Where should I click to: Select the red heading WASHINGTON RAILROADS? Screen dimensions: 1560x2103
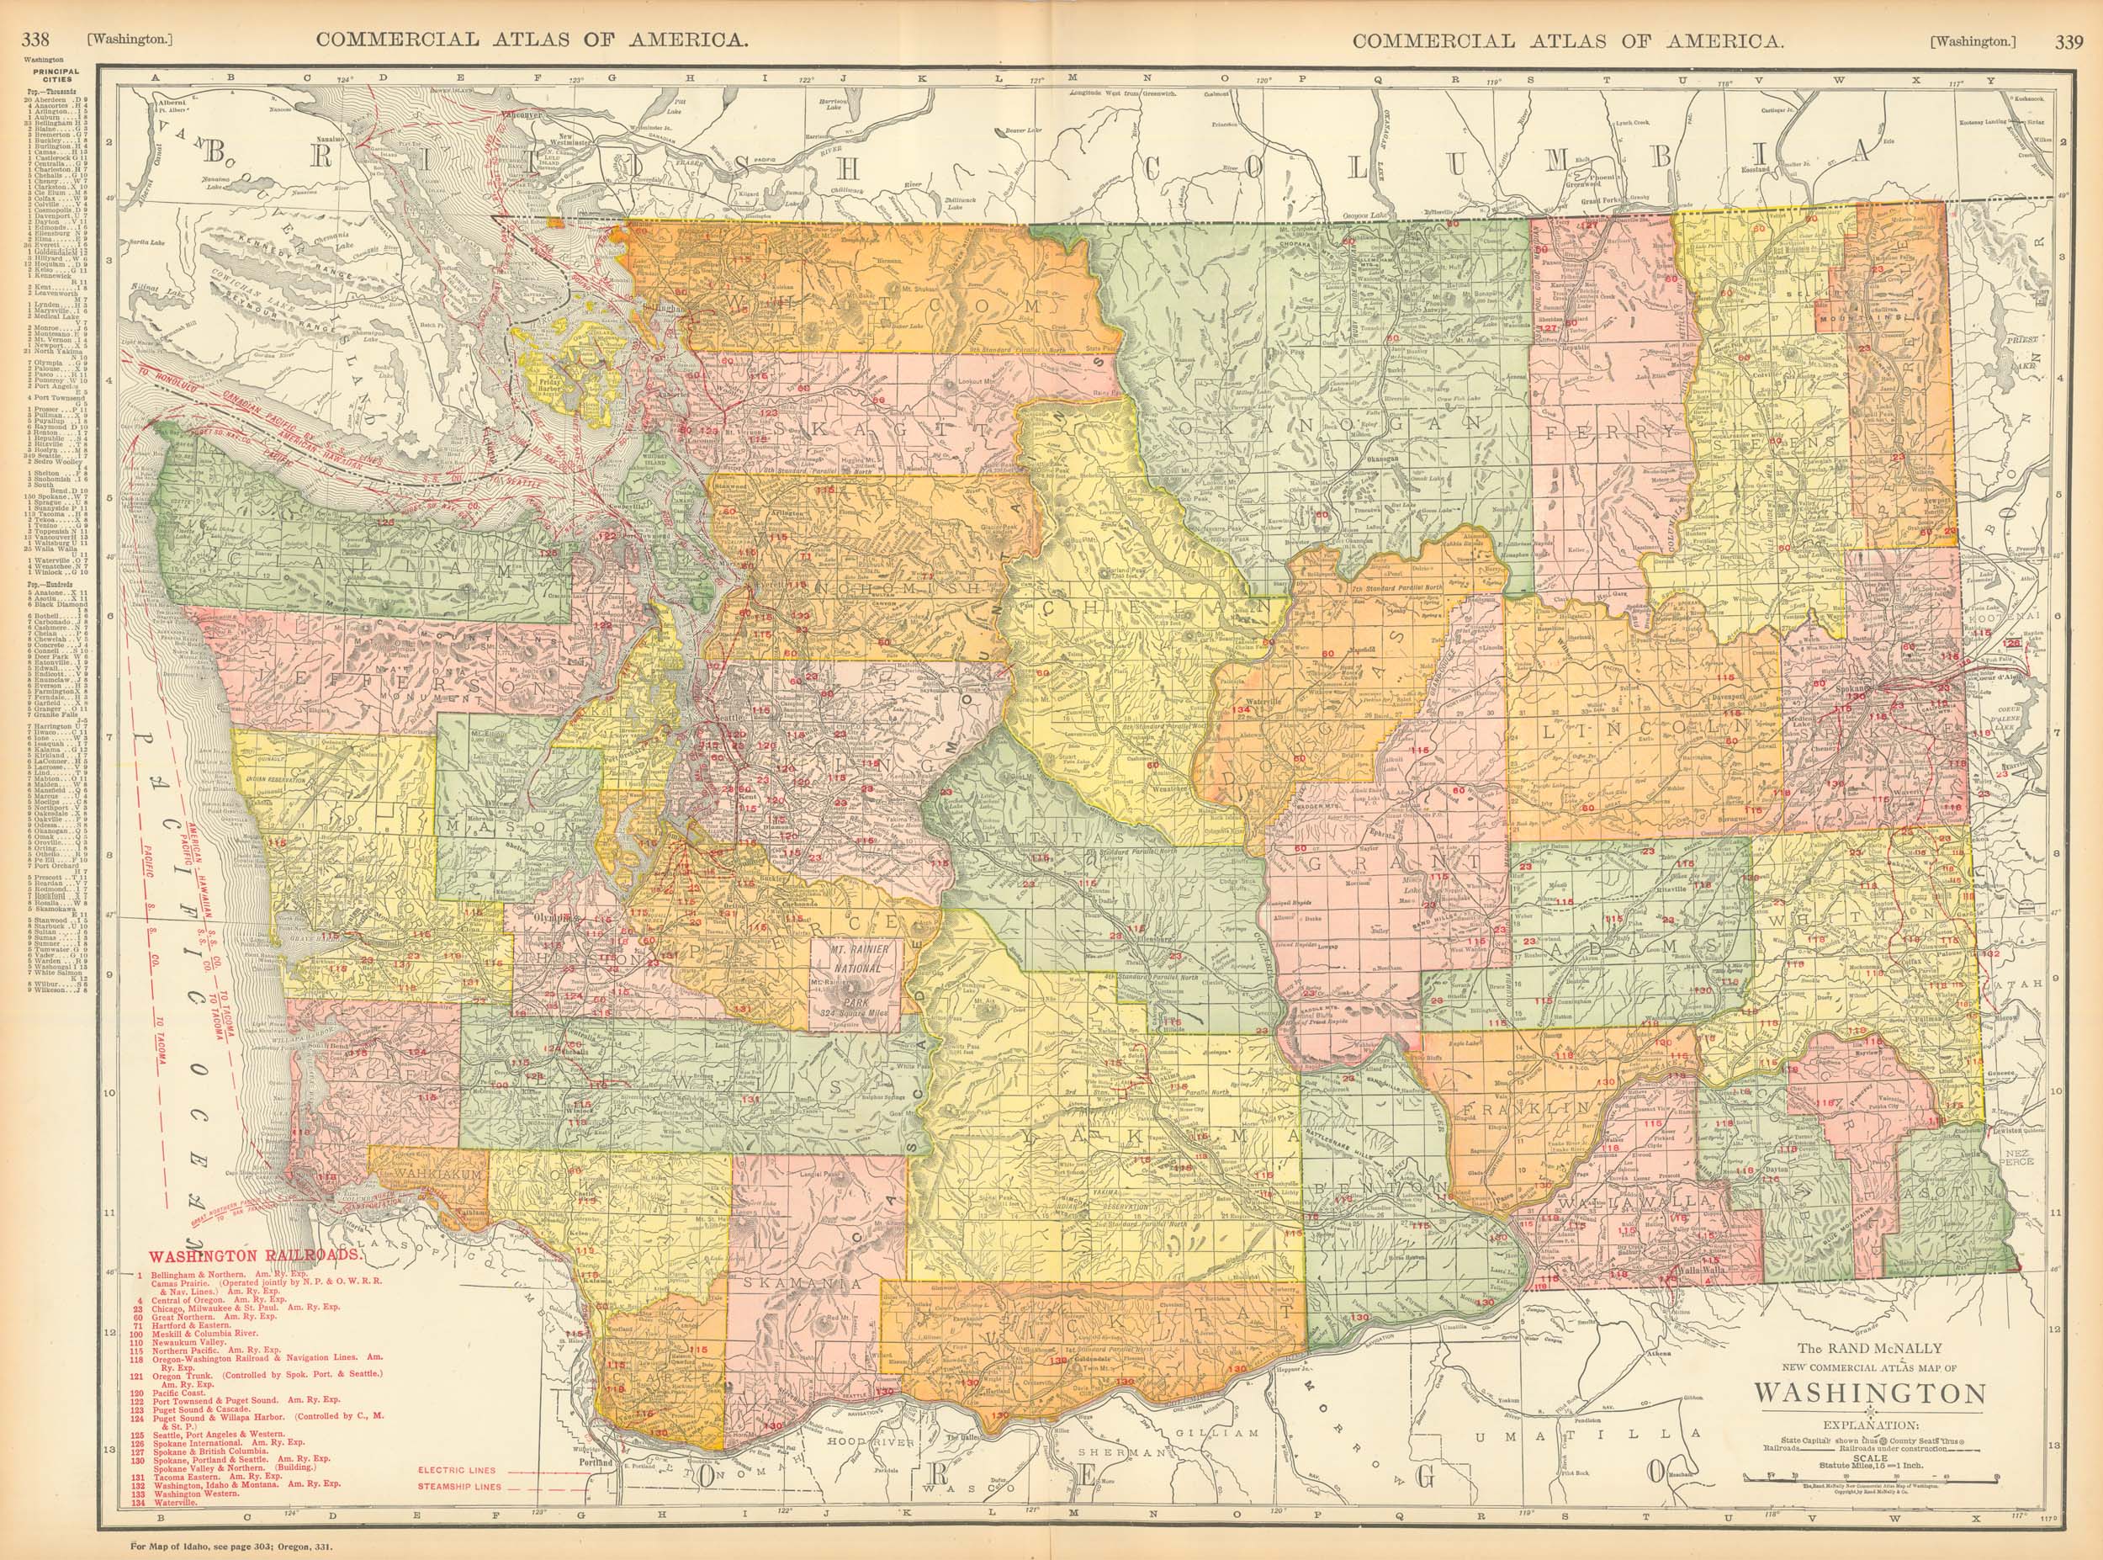254,1256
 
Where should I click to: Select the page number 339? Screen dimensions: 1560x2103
2068,14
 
